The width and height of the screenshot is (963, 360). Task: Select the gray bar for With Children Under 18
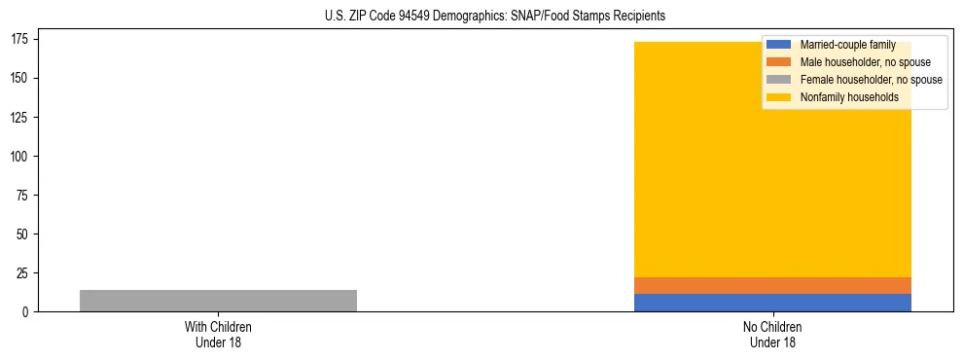pos(218,301)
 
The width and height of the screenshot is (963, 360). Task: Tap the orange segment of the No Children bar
pos(772,285)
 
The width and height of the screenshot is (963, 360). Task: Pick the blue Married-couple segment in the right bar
pos(772,303)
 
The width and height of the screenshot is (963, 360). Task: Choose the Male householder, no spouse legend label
pos(865,62)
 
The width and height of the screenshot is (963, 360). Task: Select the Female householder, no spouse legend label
pos(871,80)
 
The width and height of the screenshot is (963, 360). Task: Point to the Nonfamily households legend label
pos(848,97)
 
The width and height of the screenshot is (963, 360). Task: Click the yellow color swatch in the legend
pos(779,97)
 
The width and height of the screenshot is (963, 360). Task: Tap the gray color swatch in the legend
pos(779,80)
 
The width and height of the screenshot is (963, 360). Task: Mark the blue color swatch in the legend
pos(779,45)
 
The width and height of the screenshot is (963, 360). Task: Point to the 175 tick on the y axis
pos(19,39)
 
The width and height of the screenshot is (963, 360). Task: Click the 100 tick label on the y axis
pos(19,156)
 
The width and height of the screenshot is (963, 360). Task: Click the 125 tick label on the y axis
pos(19,117)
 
